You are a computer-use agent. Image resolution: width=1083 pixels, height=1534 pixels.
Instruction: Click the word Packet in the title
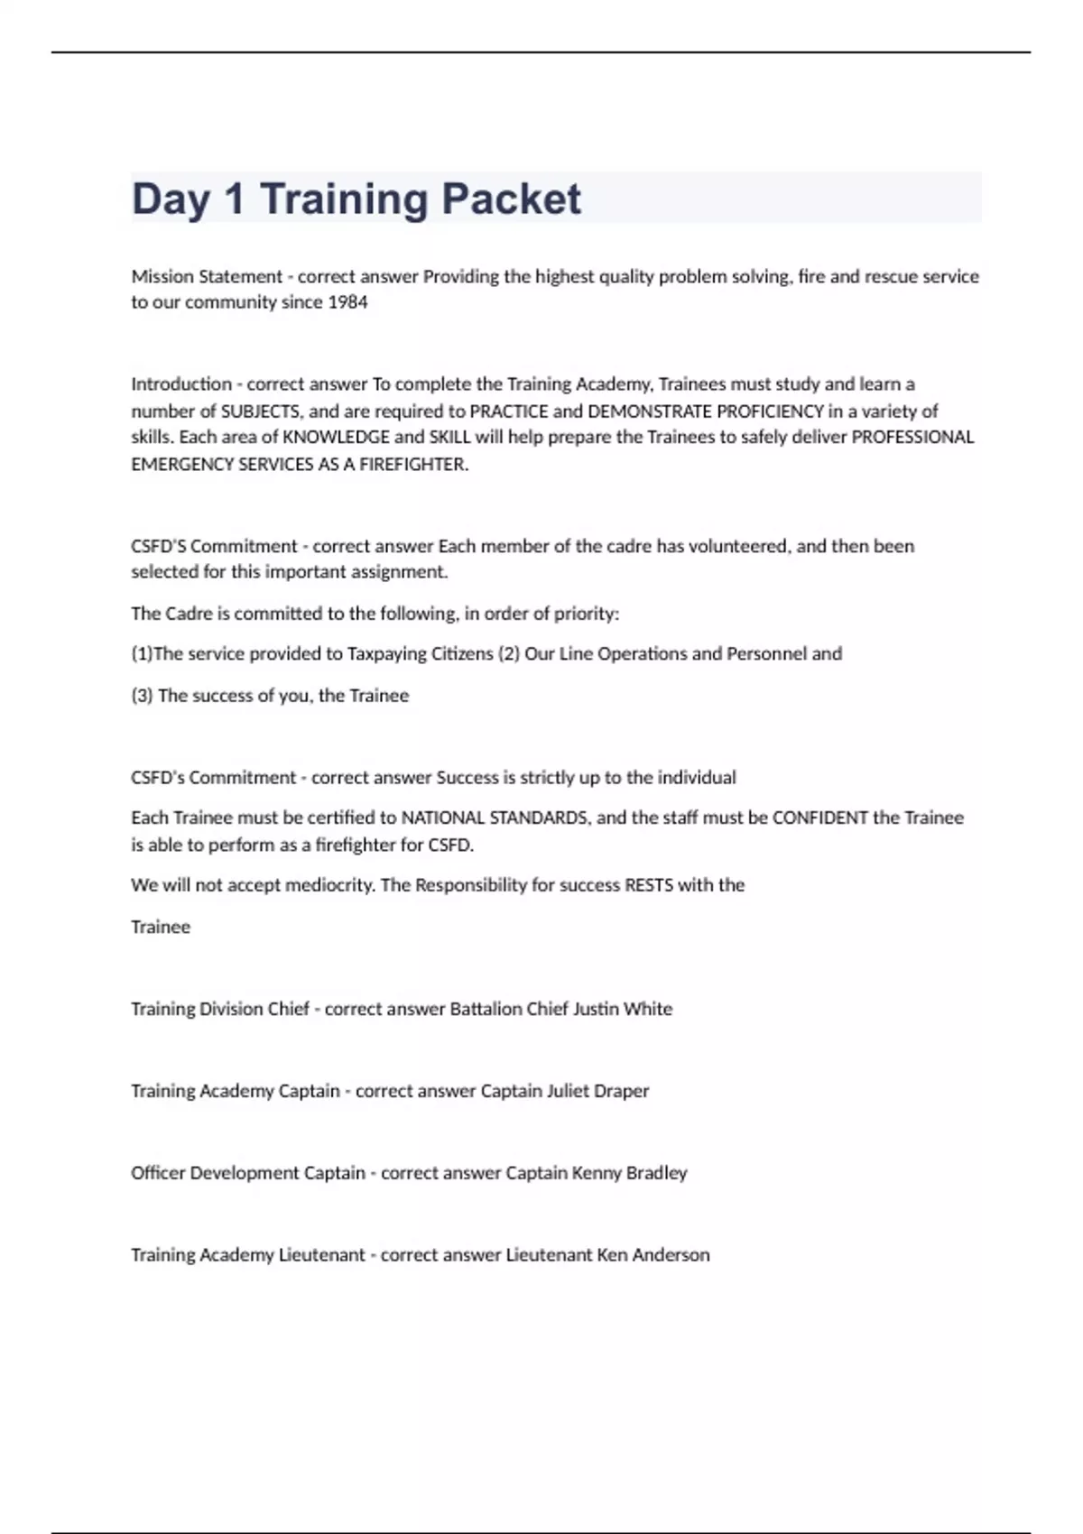pos(511,199)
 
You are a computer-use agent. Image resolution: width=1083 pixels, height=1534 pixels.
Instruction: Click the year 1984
pos(347,302)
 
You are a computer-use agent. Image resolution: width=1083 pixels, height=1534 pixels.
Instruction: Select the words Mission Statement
pos(207,276)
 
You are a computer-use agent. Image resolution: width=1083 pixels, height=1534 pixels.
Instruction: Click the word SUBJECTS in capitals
pos(260,411)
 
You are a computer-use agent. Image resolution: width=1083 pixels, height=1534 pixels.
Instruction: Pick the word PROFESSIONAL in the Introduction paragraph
pos(912,438)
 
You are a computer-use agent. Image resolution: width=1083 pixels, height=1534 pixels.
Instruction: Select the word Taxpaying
pos(386,654)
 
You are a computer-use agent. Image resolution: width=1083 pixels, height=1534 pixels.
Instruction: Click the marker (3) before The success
pos(142,696)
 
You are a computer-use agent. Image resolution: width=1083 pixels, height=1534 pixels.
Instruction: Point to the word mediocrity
pos(329,885)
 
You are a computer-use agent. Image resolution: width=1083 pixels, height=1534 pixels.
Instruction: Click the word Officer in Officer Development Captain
pos(158,1173)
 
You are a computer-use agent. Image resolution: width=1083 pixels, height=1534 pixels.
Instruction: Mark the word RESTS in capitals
pos(649,885)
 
